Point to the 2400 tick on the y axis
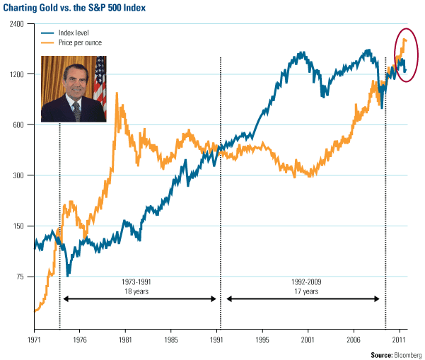point(16,23)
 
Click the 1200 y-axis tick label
point(16,74)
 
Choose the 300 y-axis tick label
point(18,175)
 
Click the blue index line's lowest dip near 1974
point(68,275)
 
